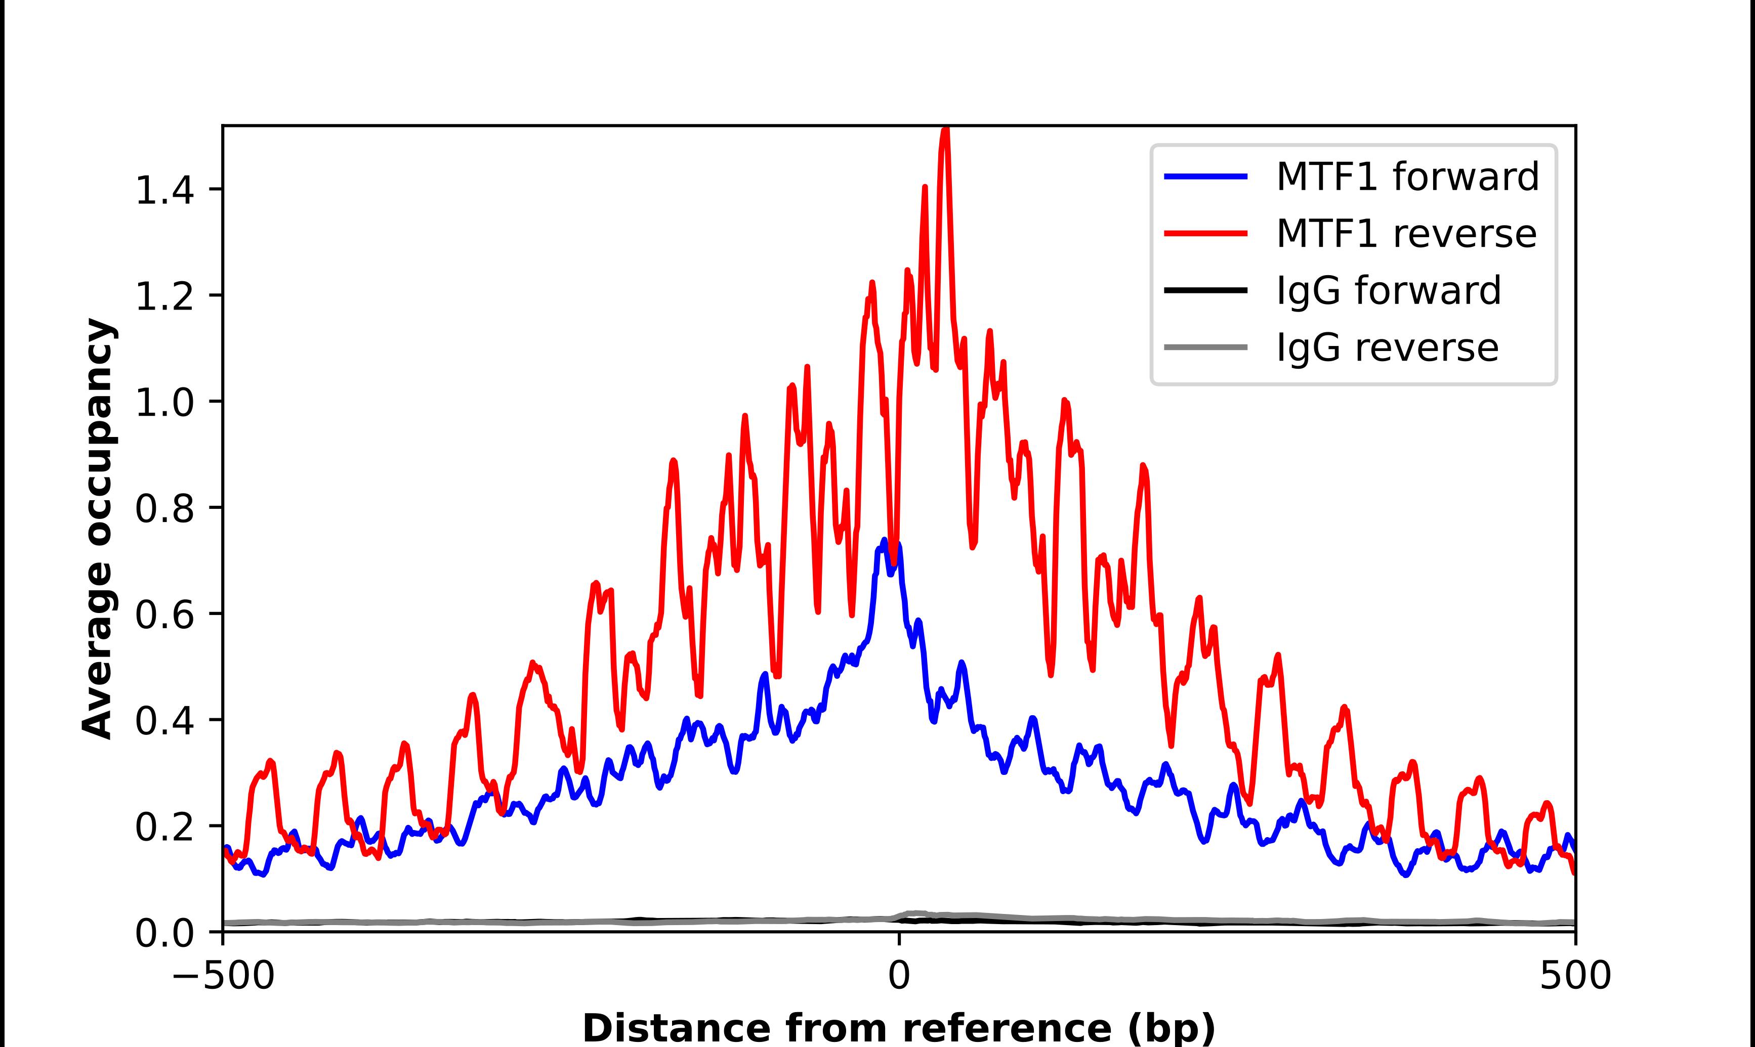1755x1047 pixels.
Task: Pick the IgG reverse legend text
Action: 1387,348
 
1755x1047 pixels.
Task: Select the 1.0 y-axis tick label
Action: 164,403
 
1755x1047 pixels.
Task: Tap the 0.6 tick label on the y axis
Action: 164,615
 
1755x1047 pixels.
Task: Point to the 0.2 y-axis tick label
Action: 164,827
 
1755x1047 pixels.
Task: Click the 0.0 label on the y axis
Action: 164,933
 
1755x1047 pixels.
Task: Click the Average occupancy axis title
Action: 97,529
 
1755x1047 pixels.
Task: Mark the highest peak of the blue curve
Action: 884,540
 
